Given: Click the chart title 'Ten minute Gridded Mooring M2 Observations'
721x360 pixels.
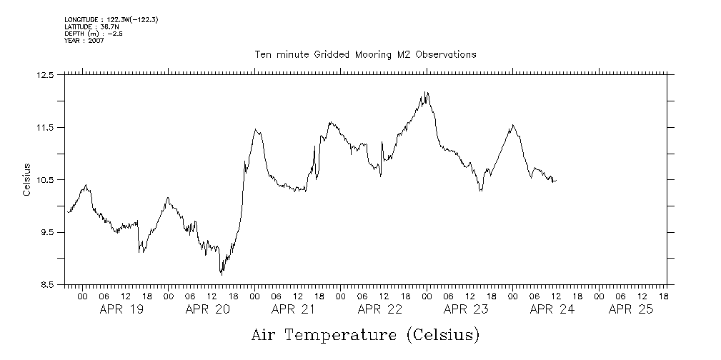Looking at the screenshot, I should (365, 55).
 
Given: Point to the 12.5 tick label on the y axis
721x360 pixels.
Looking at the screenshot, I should (46, 75).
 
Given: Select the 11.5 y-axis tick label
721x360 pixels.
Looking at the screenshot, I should (46, 128).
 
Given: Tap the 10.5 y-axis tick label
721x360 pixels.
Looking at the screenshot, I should (46, 180).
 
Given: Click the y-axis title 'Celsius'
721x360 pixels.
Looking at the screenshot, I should (26, 180).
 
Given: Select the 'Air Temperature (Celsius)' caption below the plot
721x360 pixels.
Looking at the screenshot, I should (365, 334).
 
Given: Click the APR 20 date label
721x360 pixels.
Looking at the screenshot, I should (207, 310).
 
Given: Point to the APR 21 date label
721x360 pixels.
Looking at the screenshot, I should (293, 310).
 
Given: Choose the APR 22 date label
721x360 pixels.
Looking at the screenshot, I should (379, 310).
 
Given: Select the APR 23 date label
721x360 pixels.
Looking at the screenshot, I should (465, 310).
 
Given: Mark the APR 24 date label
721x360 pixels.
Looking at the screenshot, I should (552, 310).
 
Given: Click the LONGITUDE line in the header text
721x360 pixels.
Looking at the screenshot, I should (111, 20).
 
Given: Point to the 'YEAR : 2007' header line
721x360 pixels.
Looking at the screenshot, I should (84, 41).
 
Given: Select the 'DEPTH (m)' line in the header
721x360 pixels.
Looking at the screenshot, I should (94, 34).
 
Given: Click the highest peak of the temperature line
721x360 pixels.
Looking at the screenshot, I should (427, 92).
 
